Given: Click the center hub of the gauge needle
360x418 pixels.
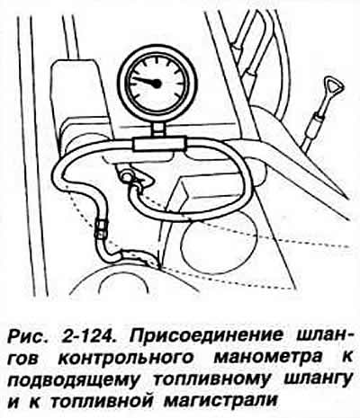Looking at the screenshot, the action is (x=157, y=83).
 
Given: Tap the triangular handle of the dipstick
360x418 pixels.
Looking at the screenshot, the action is (x=334, y=86).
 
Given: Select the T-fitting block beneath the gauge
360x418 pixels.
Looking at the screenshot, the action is (x=160, y=144).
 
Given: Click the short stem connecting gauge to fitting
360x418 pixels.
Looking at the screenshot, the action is (x=158, y=129).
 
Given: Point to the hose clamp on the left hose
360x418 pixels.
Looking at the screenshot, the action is (x=102, y=228).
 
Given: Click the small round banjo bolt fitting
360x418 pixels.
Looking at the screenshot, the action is (x=126, y=176).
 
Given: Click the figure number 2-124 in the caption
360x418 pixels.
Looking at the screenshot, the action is (x=89, y=336).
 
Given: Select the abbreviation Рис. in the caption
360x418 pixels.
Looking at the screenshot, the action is (x=26, y=337).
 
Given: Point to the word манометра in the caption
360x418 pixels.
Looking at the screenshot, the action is (x=268, y=358).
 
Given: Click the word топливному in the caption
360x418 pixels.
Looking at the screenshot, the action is (x=211, y=379).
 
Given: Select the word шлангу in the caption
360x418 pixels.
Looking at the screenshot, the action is (x=318, y=379).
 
